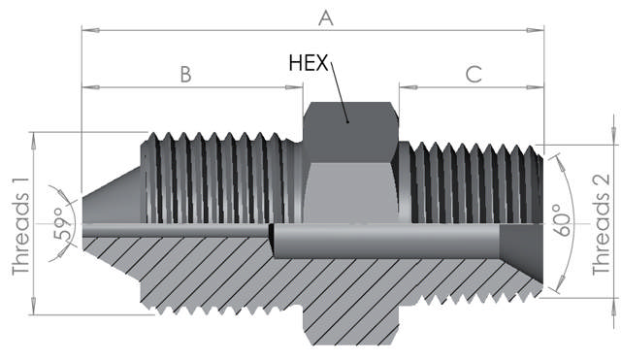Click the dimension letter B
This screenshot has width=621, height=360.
click(x=184, y=74)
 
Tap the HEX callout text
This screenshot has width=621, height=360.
click(x=310, y=63)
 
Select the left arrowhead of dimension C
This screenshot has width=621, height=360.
click(x=406, y=87)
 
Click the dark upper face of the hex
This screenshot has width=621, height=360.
click(x=349, y=124)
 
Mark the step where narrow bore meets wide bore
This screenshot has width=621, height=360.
click(x=272, y=235)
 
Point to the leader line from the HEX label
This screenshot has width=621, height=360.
click(x=340, y=92)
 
